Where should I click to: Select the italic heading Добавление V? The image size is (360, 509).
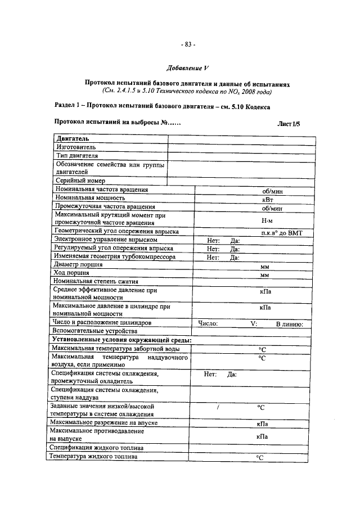(x=187, y=69)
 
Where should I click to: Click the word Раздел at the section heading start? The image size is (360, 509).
(x=67, y=106)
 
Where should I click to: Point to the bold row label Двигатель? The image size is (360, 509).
(x=73, y=138)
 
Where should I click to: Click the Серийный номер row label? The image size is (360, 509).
(x=80, y=181)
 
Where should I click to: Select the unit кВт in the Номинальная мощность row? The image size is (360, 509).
(x=267, y=199)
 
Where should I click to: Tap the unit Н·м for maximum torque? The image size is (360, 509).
(x=268, y=221)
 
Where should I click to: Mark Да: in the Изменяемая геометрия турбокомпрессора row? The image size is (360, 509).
(x=235, y=257)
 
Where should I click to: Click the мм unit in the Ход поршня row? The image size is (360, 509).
(x=265, y=275)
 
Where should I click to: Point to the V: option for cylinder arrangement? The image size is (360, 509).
(x=254, y=324)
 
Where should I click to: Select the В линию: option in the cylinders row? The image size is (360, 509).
(x=289, y=324)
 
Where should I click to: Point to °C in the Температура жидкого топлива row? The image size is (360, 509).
(x=260, y=458)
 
